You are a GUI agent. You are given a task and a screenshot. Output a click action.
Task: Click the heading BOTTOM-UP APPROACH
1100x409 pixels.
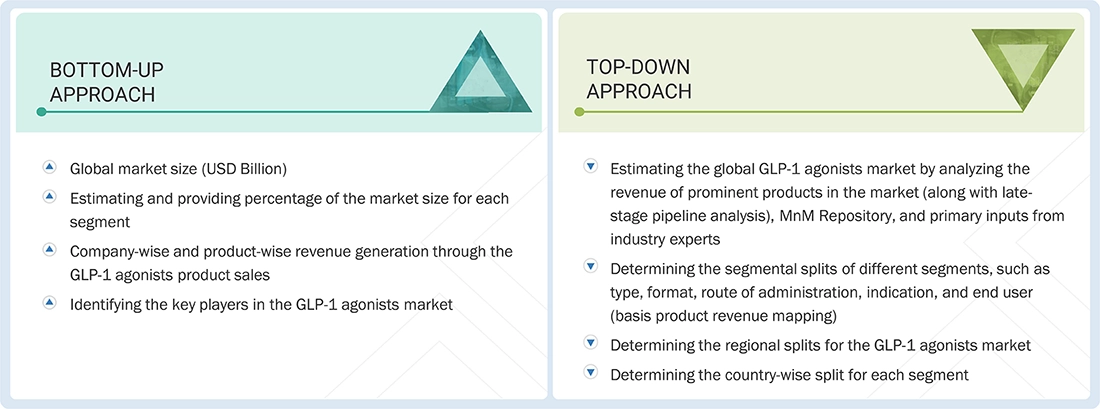(106, 82)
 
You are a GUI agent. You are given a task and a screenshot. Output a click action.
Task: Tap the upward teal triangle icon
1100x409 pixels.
(479, 74)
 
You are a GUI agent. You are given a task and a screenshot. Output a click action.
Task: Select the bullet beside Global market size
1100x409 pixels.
(49, 167)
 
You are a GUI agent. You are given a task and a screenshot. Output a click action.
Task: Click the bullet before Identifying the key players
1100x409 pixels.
(49, 302)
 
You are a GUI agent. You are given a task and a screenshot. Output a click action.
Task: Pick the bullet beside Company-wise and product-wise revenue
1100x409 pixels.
(49, 250)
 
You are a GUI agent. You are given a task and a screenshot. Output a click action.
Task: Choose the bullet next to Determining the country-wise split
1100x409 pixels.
(590, 374)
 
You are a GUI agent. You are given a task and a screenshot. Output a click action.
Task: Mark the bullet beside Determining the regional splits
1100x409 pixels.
(590, 343)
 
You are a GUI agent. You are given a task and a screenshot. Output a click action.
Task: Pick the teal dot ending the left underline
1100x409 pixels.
(41, 112)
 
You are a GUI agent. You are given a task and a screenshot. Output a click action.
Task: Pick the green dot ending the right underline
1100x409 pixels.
(579, 112)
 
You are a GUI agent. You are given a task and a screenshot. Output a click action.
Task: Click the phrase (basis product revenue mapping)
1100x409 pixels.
(726, 317)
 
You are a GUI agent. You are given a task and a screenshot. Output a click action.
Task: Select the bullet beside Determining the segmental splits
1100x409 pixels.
(590, 267)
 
